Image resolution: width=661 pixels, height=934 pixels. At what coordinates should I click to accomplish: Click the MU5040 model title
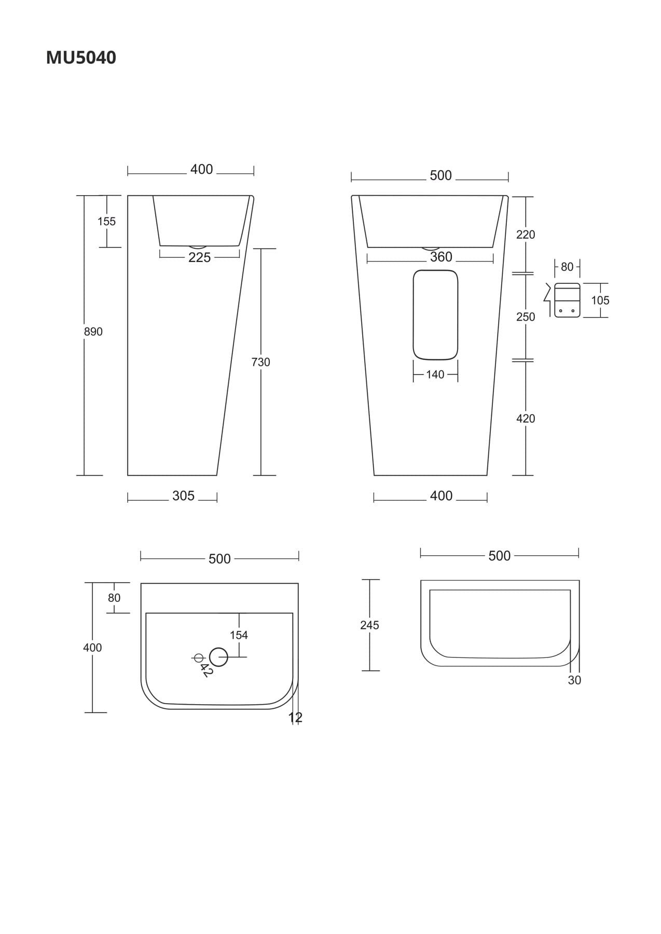click(x=81, y=58)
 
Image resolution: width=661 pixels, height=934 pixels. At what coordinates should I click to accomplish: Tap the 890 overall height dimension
click(x=93, y=332)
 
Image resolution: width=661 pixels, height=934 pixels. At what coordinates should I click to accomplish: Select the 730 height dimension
click(x=260, y=362)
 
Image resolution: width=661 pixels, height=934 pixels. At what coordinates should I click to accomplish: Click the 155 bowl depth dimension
click(x=106, y=222)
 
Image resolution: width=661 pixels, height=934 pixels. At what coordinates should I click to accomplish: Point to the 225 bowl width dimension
click(x=200, y=257)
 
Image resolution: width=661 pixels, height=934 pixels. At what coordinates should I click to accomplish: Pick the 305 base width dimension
click(x=183, y=496)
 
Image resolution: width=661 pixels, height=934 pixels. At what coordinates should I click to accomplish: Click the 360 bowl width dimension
click(x=441, y=257)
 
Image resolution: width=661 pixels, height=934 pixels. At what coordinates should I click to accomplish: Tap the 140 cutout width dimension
click(x=435, y=375)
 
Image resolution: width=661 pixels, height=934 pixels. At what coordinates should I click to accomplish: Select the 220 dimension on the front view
click(x=526, y=235)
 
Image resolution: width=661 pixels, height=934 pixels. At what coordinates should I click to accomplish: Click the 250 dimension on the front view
click(x=526, y=317)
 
